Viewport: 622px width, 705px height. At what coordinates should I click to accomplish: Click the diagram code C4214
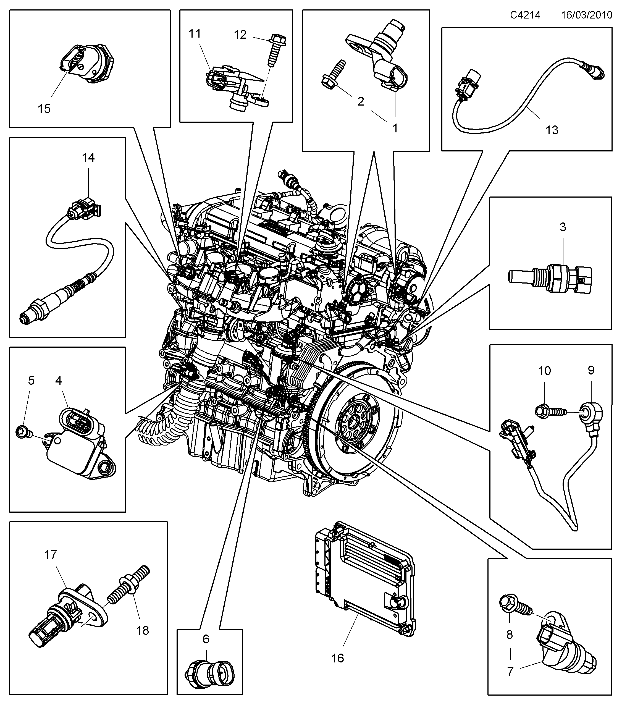point(525,15)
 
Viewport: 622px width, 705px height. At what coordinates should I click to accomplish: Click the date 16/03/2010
point(586,15)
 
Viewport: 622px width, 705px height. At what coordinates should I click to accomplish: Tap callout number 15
point(44,109)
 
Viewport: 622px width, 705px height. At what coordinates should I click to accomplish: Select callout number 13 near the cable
point(552,130)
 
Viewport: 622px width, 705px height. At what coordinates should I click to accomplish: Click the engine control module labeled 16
point(366,580)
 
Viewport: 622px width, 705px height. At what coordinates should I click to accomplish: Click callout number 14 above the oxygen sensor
point(88,158)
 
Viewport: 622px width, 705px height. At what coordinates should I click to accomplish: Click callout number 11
point(195,34)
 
